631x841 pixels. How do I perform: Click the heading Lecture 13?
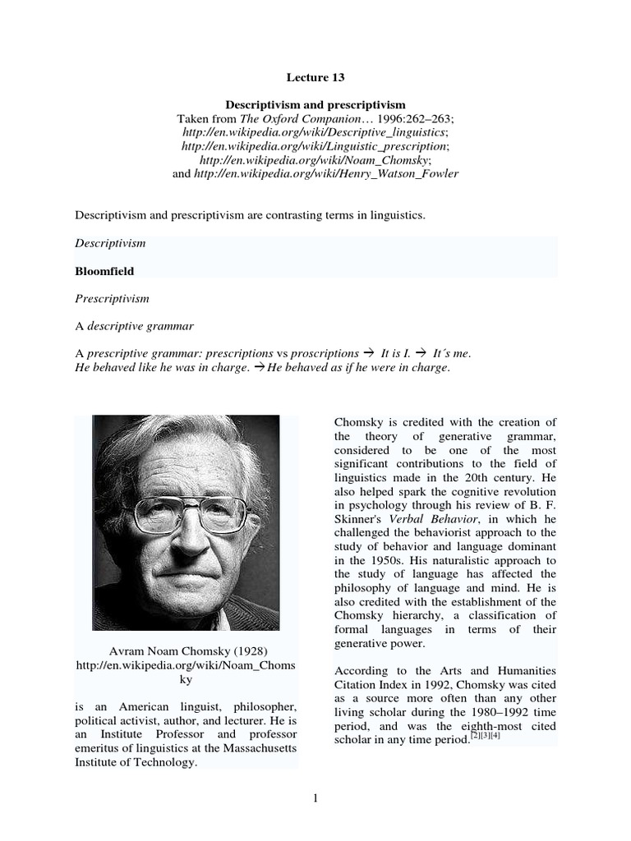[x=315, y=77]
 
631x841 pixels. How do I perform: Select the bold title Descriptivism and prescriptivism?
[x=315, y=105]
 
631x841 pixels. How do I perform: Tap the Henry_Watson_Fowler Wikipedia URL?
[x=326, y=174]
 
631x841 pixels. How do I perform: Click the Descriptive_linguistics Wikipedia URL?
[x=315, y=132]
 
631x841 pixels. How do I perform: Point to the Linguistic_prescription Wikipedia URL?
[x=315, y=146]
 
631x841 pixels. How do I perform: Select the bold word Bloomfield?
[x=104, y=270]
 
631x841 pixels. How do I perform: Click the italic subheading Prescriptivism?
[x=112, y=299]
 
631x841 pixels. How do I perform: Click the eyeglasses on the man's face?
[x=187, y=514]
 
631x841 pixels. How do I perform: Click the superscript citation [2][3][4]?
[x=484, y=734]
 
